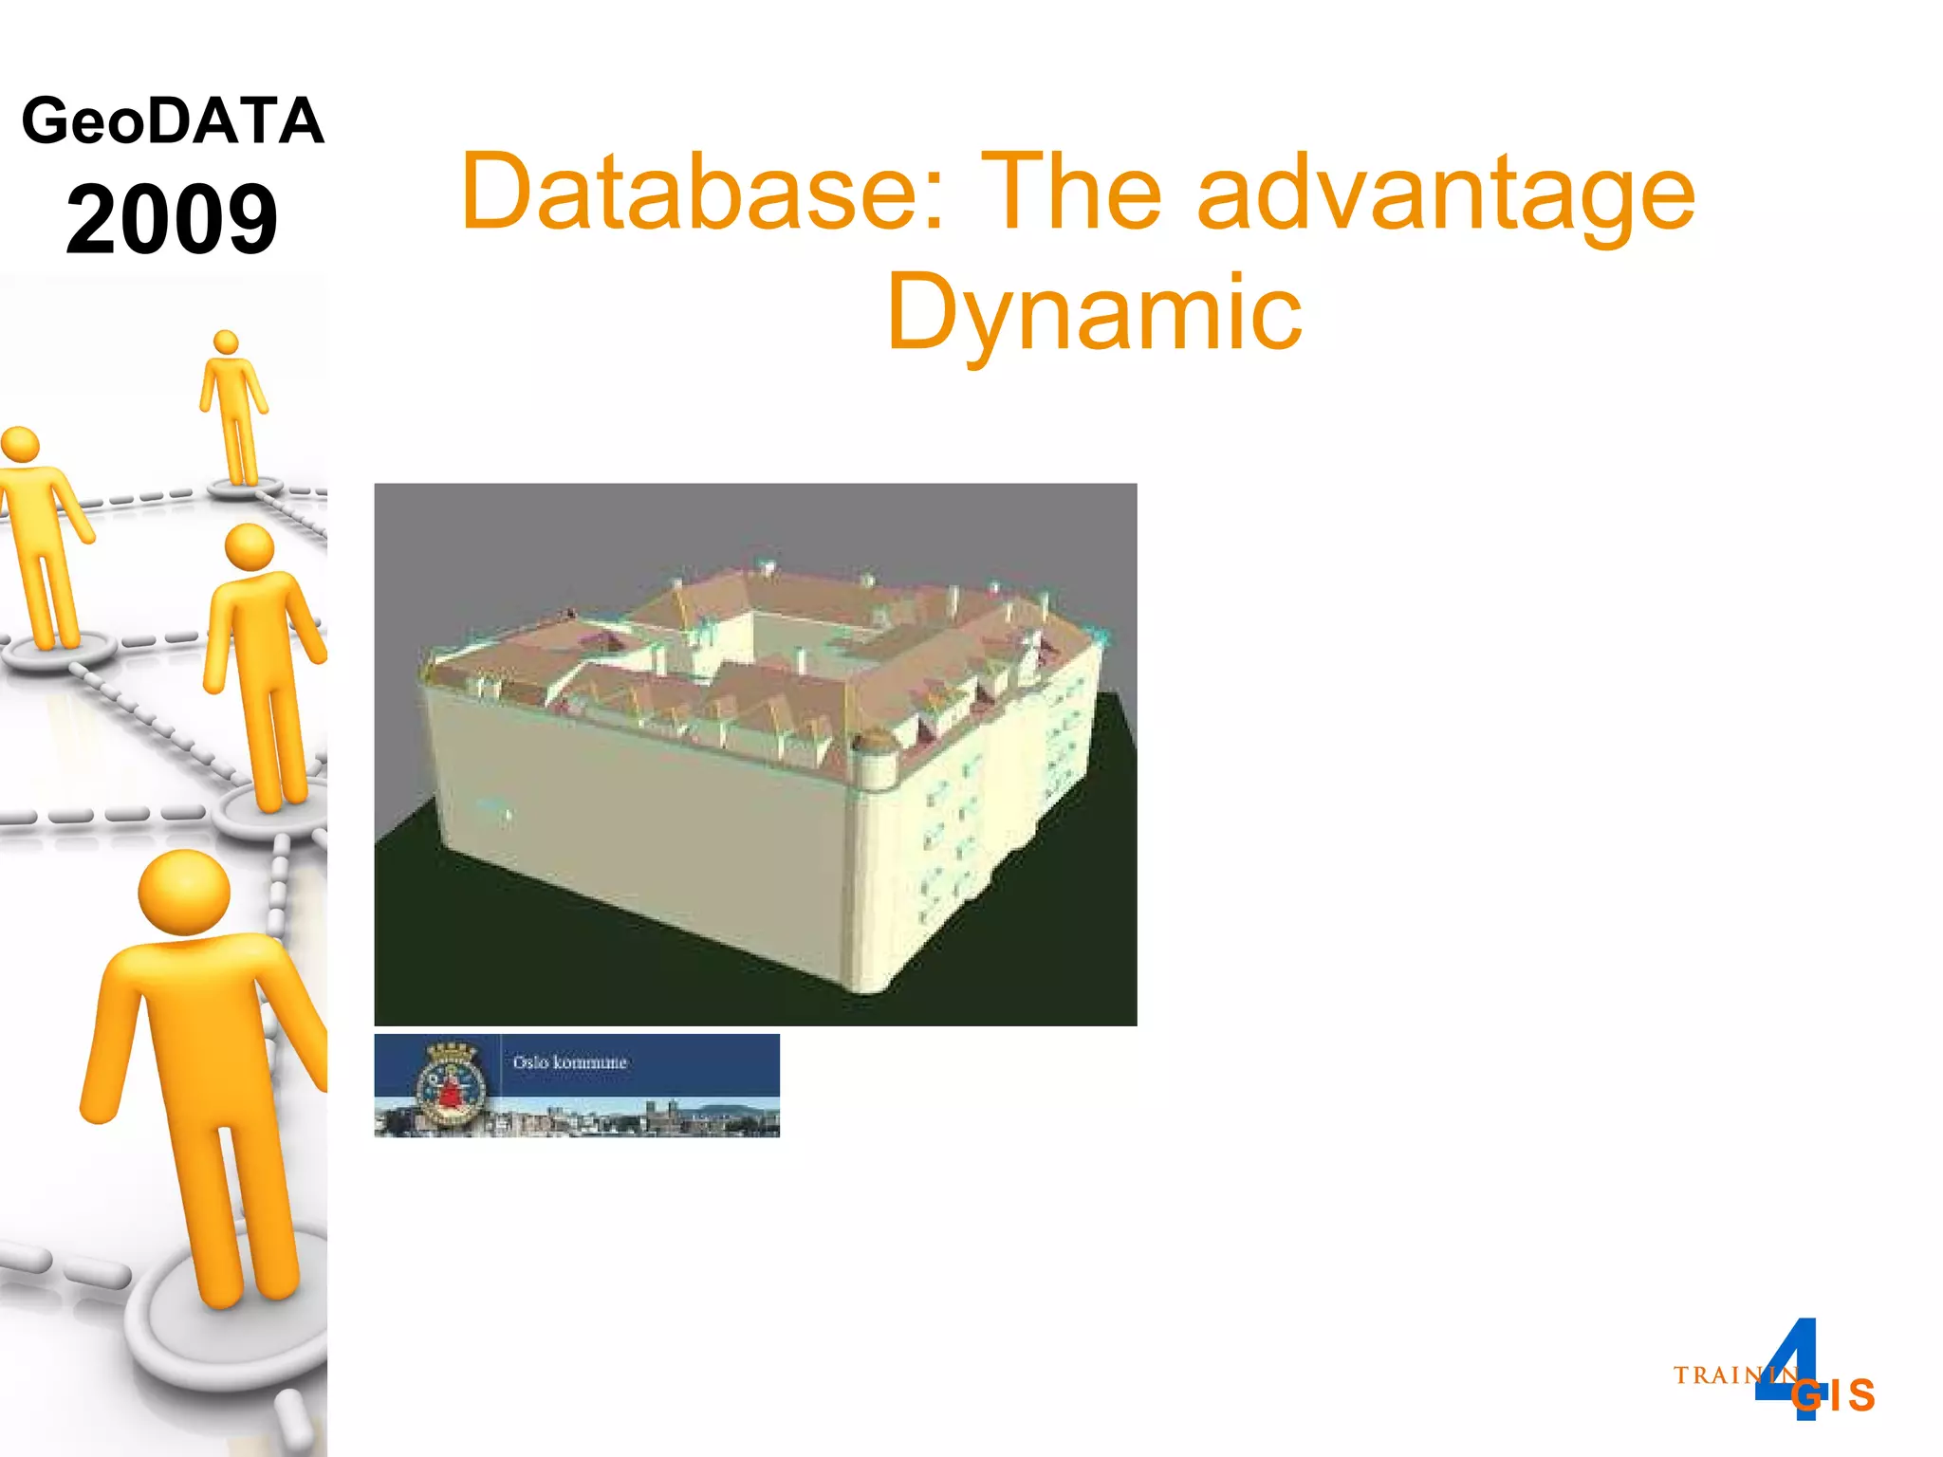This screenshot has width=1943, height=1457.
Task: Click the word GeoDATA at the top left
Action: point(173,121)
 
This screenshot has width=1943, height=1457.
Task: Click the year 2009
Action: point(172,220)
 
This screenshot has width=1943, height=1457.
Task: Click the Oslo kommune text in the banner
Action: point(569,1062)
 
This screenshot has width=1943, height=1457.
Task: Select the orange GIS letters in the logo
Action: point(1834,1395)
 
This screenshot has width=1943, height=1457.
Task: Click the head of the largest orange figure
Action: point(184,893)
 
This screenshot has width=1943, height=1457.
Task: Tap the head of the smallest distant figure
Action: point(226,342)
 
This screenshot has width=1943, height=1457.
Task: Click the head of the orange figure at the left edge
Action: point(19,445)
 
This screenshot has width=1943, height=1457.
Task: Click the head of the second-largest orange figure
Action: point(250,547)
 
